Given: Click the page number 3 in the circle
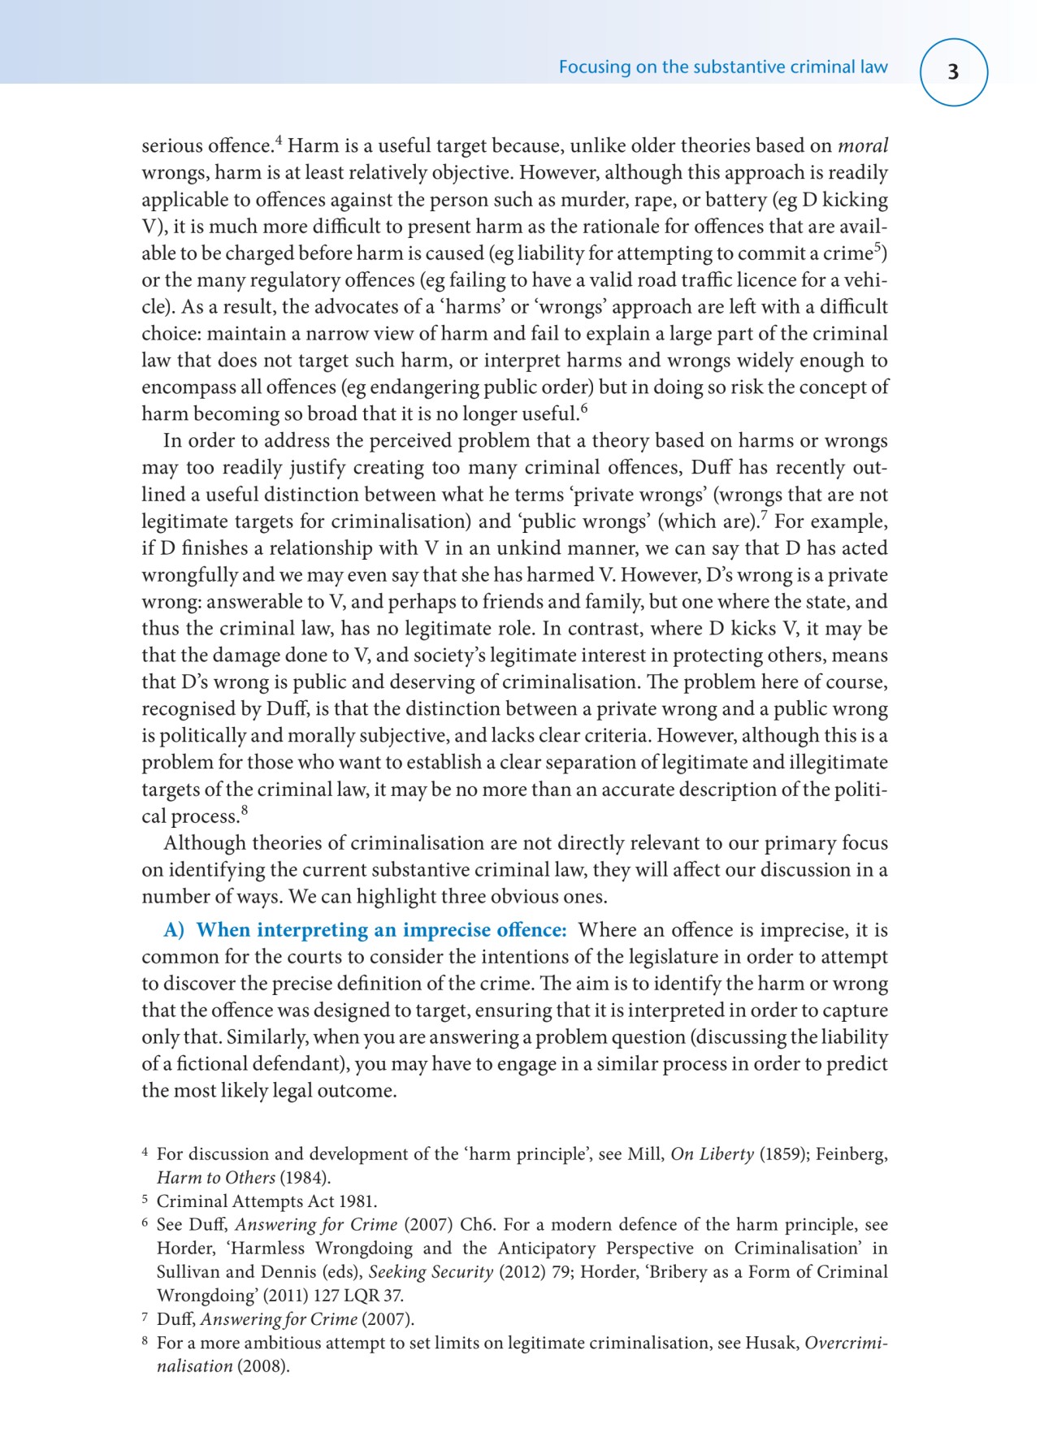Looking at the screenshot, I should (953, 72).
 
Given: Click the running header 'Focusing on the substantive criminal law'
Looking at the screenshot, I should (722, 67).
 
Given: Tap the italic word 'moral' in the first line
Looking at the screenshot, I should (863, 146).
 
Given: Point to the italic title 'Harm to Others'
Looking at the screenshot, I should (215, 1178).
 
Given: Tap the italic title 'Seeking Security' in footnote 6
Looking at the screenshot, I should (431, 1272).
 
